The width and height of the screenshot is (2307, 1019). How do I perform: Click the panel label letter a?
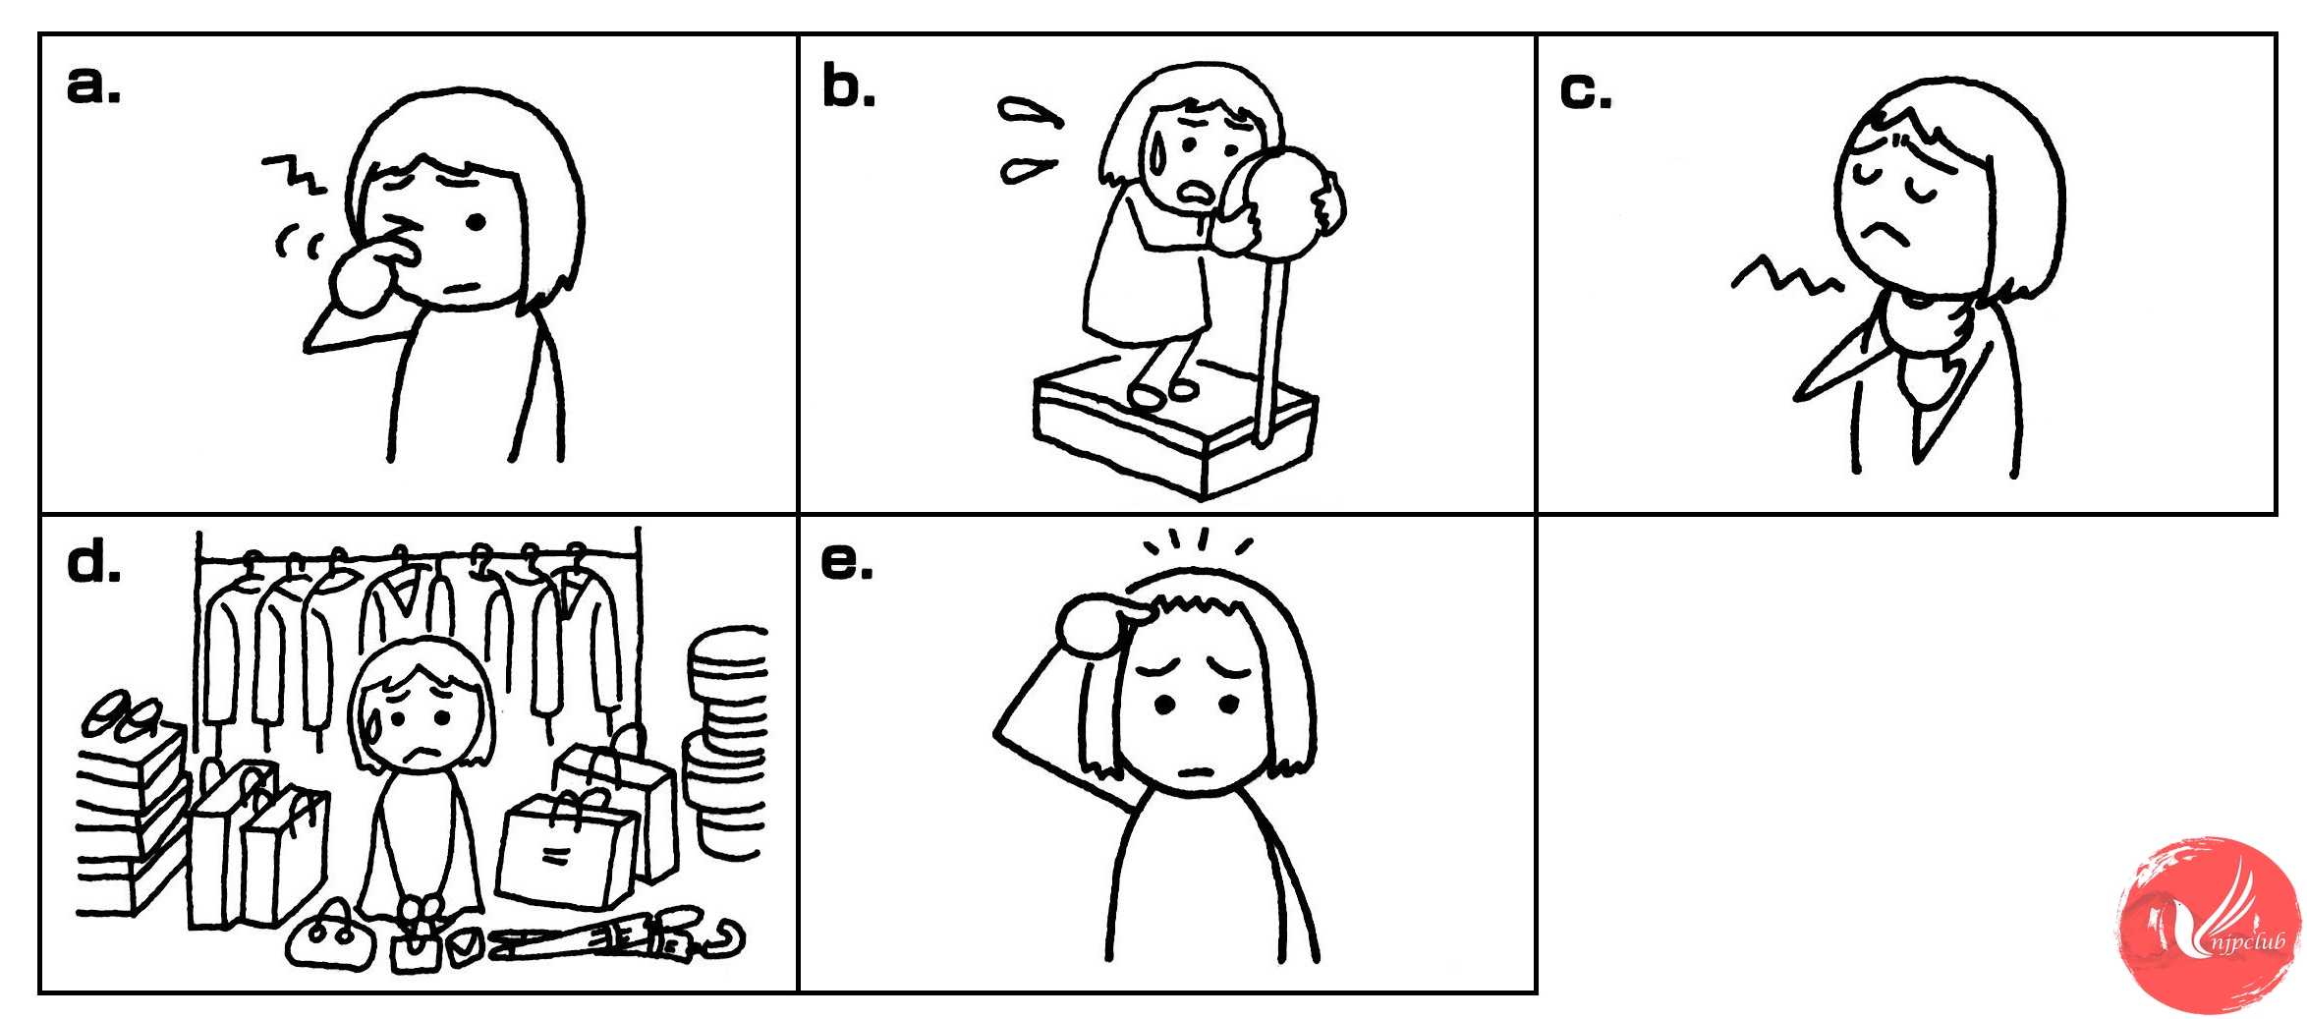[x=93, y=85]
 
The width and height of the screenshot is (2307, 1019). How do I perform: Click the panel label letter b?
[x=848, y=86]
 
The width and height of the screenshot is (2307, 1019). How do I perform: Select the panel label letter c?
[x=1585, y=92]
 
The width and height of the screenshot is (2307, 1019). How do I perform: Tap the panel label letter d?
[x=93, y=563]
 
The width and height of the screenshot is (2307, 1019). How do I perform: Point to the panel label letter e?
[x=846, y=563]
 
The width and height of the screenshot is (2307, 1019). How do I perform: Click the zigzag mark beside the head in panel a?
[x=294, y=174]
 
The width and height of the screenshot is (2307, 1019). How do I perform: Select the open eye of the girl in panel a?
[x=476, y=223]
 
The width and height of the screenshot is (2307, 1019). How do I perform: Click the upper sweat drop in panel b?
[x=1029, y=112]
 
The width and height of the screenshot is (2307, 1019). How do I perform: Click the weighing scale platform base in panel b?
[x=1175, y=426]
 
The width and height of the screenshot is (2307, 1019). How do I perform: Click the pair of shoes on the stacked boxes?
[x=123, y=715]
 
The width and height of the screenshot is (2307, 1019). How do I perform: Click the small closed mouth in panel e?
[x=1198, y=770]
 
